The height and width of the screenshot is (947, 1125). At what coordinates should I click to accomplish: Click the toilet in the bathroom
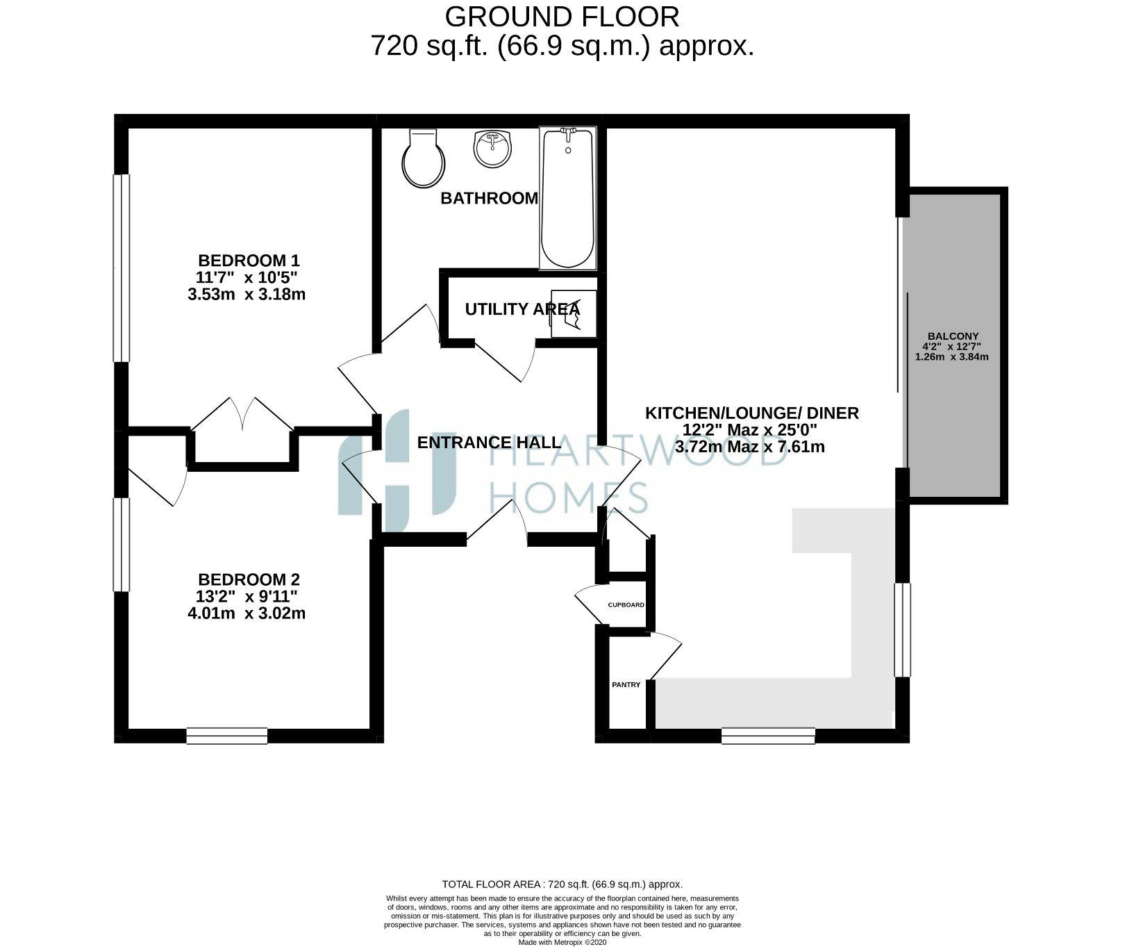coord(423,159)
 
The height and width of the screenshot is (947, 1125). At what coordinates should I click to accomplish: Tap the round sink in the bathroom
coord(492,149)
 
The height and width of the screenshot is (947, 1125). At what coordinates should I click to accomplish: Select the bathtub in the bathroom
coord(568,198)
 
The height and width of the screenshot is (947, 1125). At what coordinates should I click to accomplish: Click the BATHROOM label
coord(490,199)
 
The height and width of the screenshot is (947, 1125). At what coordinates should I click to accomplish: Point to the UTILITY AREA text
coord(522,309)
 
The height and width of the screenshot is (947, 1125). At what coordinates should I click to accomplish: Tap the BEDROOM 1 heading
coord(249,261)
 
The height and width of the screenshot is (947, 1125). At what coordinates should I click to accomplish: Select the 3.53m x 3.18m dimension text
coord(247,295)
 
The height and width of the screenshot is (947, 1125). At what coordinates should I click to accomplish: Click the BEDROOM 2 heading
coord(249,579)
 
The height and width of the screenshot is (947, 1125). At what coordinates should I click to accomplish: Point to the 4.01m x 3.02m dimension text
coord(247,614)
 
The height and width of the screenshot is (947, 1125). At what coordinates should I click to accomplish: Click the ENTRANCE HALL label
coord(490,443)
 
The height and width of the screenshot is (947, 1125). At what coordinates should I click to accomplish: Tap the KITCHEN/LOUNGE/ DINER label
coord(752,413)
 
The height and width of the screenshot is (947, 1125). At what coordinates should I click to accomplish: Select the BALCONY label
coord(951,336)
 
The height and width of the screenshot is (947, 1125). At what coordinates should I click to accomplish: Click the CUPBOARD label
coord(626,605)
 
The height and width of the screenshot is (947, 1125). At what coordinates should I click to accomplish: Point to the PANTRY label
coord(626,685)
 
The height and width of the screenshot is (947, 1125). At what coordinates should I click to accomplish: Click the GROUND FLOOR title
coord(562,15)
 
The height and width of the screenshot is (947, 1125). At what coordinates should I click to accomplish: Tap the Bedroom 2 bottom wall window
coord(226,736)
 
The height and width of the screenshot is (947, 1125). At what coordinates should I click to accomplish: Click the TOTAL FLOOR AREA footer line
coord(562,884)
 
